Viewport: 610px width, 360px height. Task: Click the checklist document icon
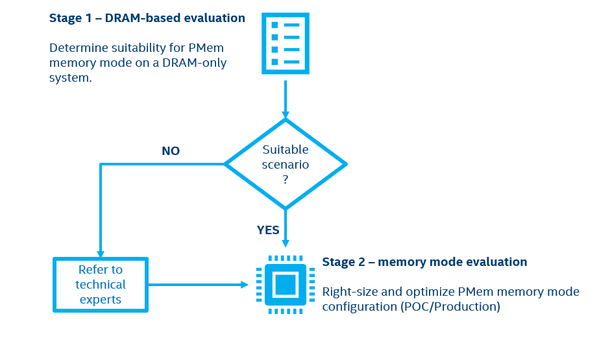point(285,43)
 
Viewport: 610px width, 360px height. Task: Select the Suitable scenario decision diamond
point(285,163)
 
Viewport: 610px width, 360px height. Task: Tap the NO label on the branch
point(171,151)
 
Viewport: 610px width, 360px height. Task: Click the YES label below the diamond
point(268,230)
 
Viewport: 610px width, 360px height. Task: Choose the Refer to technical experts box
point(101,285)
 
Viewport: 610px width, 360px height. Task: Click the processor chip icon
point(285,285)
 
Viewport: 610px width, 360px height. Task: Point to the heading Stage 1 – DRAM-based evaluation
point(147,18)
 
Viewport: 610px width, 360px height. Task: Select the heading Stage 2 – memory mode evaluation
point(424,262)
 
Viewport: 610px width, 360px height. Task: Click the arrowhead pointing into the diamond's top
point(285,115)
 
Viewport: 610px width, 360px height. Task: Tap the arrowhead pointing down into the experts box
point(101,254)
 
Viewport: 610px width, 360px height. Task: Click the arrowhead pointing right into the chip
point(245,285)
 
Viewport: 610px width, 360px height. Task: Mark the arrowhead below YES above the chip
point(285,243)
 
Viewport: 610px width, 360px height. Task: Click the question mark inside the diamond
point(285,180)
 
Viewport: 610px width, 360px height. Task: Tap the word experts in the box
point(101,300)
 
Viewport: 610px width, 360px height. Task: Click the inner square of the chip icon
point(285,285)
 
